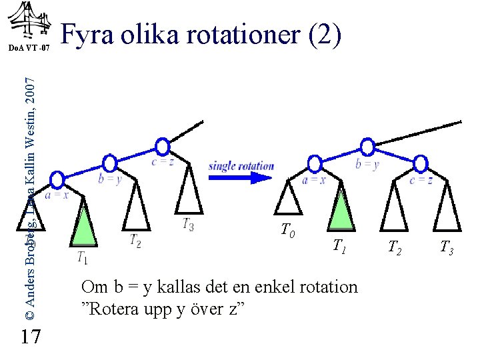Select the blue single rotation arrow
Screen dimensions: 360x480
tap(241, 177)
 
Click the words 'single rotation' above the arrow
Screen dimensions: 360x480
tap(241, 165)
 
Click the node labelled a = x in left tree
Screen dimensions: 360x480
tap(58, 179)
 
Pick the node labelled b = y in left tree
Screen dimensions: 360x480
tap(110, 163)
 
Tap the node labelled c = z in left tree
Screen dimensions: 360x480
tap(162, 147)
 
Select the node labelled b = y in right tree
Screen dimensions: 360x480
tap(367, 147)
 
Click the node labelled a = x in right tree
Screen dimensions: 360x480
tap(315, 163)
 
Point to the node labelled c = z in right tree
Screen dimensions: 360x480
tap(420, 163)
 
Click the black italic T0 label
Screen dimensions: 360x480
tap(288, 231)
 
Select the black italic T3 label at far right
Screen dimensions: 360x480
tap(447, 249)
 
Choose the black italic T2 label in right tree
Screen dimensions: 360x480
tap(396, 249)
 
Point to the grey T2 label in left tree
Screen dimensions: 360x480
tap(135, 239)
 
